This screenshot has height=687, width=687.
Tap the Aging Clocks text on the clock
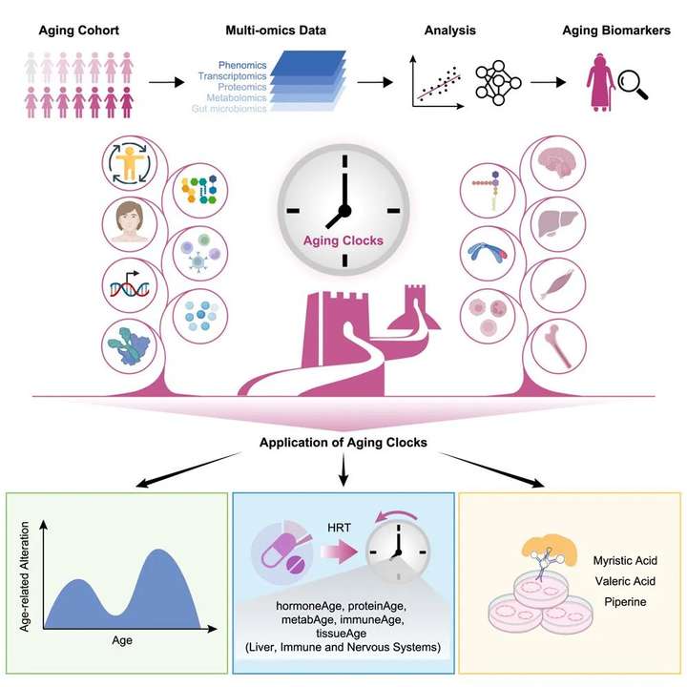point(343,241)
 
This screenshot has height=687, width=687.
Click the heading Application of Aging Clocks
point(343,444)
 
